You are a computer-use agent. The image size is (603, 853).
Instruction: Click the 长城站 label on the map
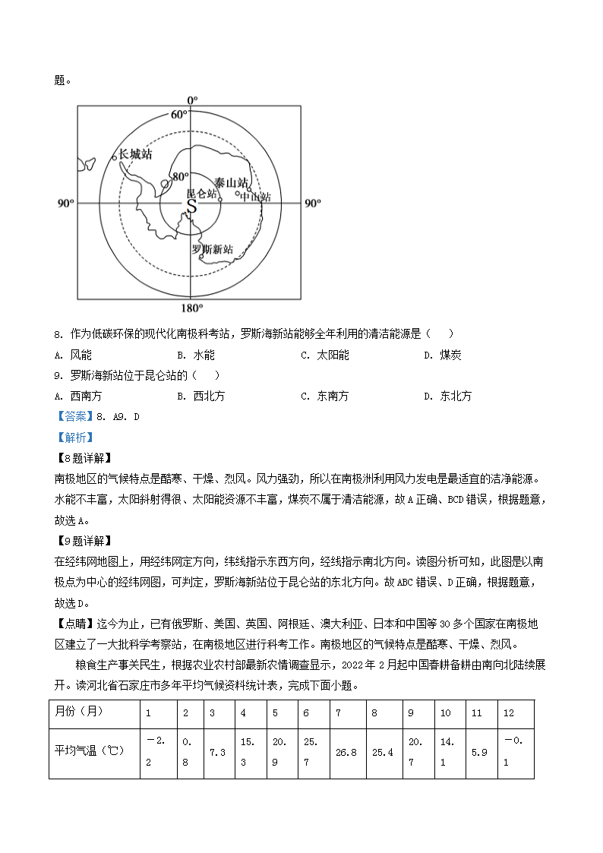point(136,154)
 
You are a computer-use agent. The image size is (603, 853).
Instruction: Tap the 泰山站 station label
point(230,183)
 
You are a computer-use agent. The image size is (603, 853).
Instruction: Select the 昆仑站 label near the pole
point(201,194)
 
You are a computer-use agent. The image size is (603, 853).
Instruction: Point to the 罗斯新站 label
point(212,249)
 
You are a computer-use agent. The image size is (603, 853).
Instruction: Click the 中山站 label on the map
point(256,197)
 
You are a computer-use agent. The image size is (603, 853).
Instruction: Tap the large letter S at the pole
point(191,206)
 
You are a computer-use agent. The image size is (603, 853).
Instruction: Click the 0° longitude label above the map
point(192,100)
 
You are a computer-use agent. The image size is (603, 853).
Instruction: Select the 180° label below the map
point(192,308)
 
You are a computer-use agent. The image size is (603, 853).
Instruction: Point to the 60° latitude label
point(178,115)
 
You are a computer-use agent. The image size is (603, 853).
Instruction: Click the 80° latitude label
point(179,176)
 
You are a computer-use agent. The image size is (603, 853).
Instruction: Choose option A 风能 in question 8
point(74,355)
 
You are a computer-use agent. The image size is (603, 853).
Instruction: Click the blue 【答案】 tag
point(74,416)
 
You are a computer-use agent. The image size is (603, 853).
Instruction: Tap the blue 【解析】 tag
point(74,438)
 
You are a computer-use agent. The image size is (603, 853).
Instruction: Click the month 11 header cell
point(477,713)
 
